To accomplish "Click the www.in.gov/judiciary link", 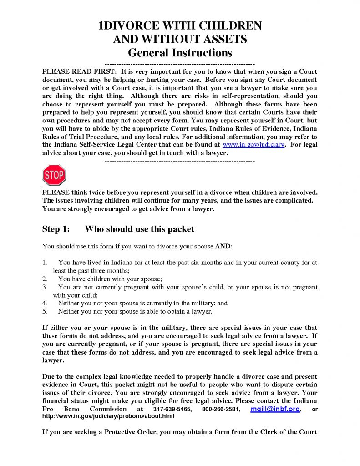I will coord(259,144).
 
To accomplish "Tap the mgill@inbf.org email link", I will coord(275,409).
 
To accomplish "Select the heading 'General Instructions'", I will coord(180,52).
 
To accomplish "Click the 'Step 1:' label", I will coord(56,229).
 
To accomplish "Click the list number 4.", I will coord(45,303).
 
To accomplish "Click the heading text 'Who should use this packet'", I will coord(139,229).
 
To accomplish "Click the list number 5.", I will coord(45,311).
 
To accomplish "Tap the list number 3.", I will coord(45,287).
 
